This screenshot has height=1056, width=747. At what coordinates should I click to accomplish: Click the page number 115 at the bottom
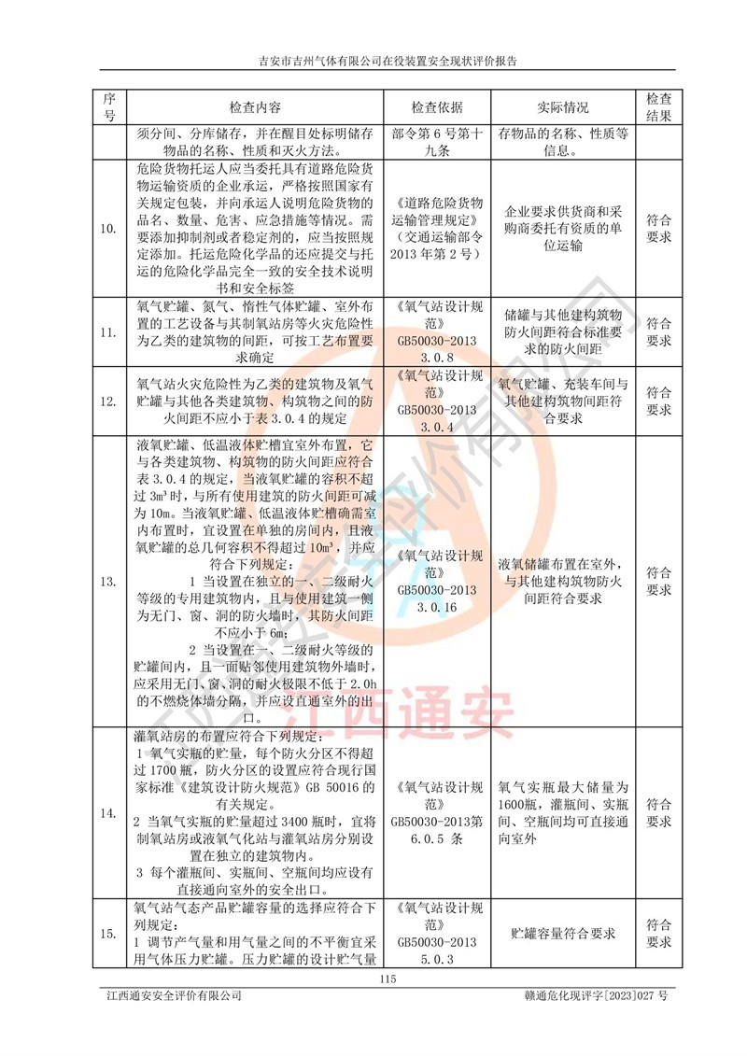click(389, 979)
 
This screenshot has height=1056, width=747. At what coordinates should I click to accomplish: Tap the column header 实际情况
click(563, 107)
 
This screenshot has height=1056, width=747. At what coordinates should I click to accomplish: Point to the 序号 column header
click(109, 107)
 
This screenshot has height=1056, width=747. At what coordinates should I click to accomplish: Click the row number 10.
click(109, 229)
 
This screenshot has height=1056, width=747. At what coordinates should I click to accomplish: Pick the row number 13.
click(109, 582)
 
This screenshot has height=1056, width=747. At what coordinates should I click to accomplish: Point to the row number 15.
click(109, 933)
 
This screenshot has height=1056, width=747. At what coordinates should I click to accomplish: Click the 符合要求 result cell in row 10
click(658, 229)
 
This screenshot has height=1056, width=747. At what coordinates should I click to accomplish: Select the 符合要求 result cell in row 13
click(658, 582)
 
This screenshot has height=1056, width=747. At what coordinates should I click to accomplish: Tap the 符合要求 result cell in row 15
click(658, 933)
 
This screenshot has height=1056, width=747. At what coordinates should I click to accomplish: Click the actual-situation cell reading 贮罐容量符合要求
click(563, 933)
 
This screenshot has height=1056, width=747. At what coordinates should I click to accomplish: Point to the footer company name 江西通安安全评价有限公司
click(175, 996)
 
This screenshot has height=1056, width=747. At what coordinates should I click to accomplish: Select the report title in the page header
click(388, 62)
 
